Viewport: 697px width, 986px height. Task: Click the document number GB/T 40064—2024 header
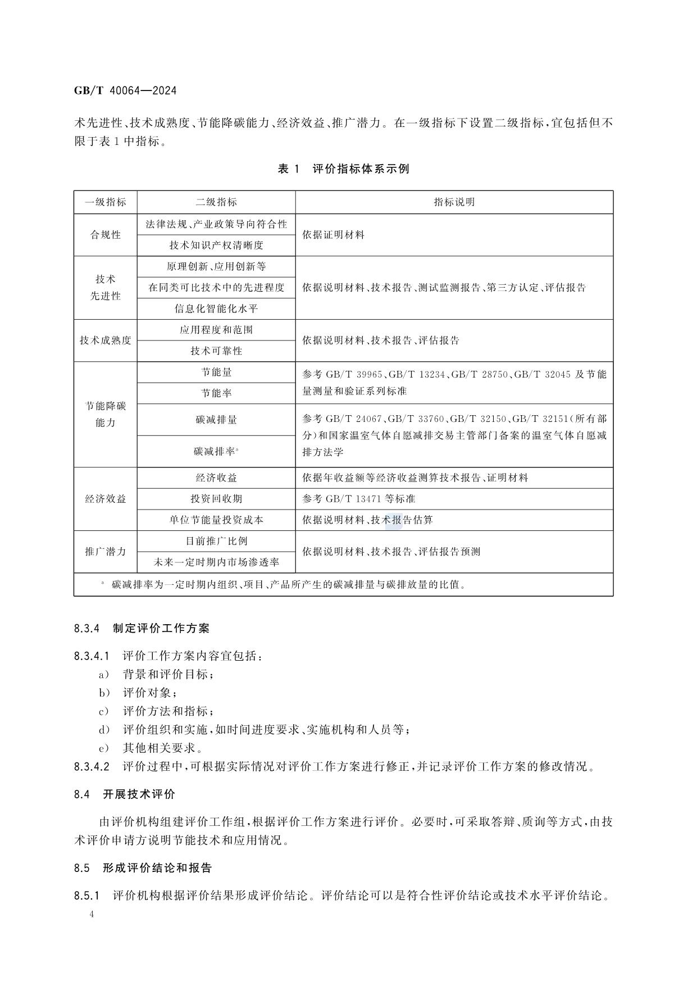point(125,90)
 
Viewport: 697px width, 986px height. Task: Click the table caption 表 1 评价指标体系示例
point(343,169)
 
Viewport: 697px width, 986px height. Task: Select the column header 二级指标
point(216,202)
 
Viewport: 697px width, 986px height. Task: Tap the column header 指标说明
point(454,202)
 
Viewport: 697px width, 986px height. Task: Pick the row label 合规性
point(106,235)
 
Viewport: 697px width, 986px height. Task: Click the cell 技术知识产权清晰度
point(216,246)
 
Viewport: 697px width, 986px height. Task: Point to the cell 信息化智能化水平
point(216,309)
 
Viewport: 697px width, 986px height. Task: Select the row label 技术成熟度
point(106,340)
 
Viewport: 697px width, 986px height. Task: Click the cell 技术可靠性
point(216,351)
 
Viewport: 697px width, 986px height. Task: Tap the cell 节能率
point(216,393)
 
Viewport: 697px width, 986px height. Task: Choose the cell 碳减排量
point(216,420)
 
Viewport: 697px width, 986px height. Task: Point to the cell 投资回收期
point(216,499)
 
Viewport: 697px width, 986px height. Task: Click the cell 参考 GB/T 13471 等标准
point(358,499)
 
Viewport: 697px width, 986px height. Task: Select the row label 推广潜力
point(106,552)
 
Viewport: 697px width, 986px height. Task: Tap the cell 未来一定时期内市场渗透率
point(216,562)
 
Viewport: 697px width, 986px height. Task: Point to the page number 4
point(92,914)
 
